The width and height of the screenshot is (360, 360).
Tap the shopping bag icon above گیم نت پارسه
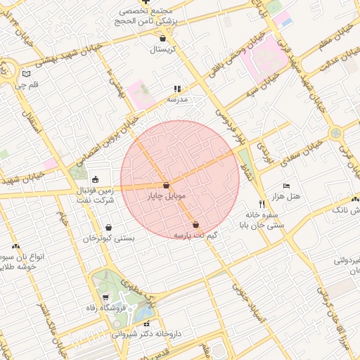tap(195, 224)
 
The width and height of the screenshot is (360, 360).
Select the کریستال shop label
tap(162, 50)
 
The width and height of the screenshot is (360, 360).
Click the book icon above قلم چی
tap(26, 73)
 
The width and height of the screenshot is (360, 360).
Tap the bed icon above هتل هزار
tap(286, 185)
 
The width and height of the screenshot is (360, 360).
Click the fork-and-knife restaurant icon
tap(262, 205)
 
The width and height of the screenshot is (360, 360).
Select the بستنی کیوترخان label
tap(109, 239)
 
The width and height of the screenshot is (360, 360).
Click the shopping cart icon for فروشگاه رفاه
tap(105, 297)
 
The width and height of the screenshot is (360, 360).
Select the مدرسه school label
tap(176, 100)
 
